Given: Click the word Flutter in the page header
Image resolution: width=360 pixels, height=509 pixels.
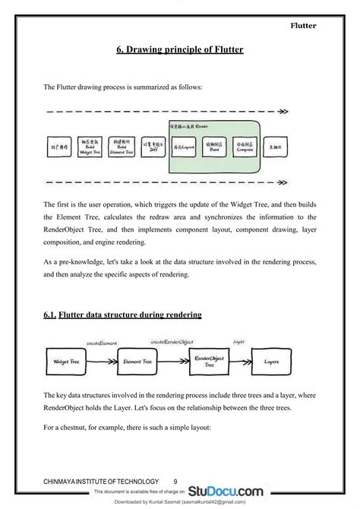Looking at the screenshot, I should tap(303, 26).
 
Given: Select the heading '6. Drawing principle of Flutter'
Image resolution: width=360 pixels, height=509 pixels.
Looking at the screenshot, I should tap(180, 50).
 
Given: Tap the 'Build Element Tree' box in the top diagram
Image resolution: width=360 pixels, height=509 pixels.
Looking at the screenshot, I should tap(123, 147).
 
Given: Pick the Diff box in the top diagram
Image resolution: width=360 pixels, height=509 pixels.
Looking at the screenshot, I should tap(154, 146).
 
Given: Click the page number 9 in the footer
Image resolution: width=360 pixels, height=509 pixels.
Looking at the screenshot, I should tap(175, 482).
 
